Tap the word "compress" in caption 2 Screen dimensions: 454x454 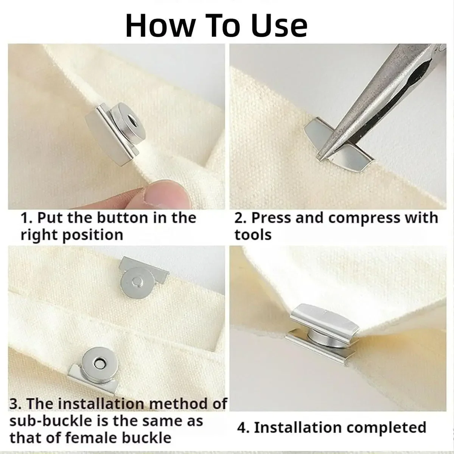pos(364,218)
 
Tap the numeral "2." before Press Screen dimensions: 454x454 pos(240,218)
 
